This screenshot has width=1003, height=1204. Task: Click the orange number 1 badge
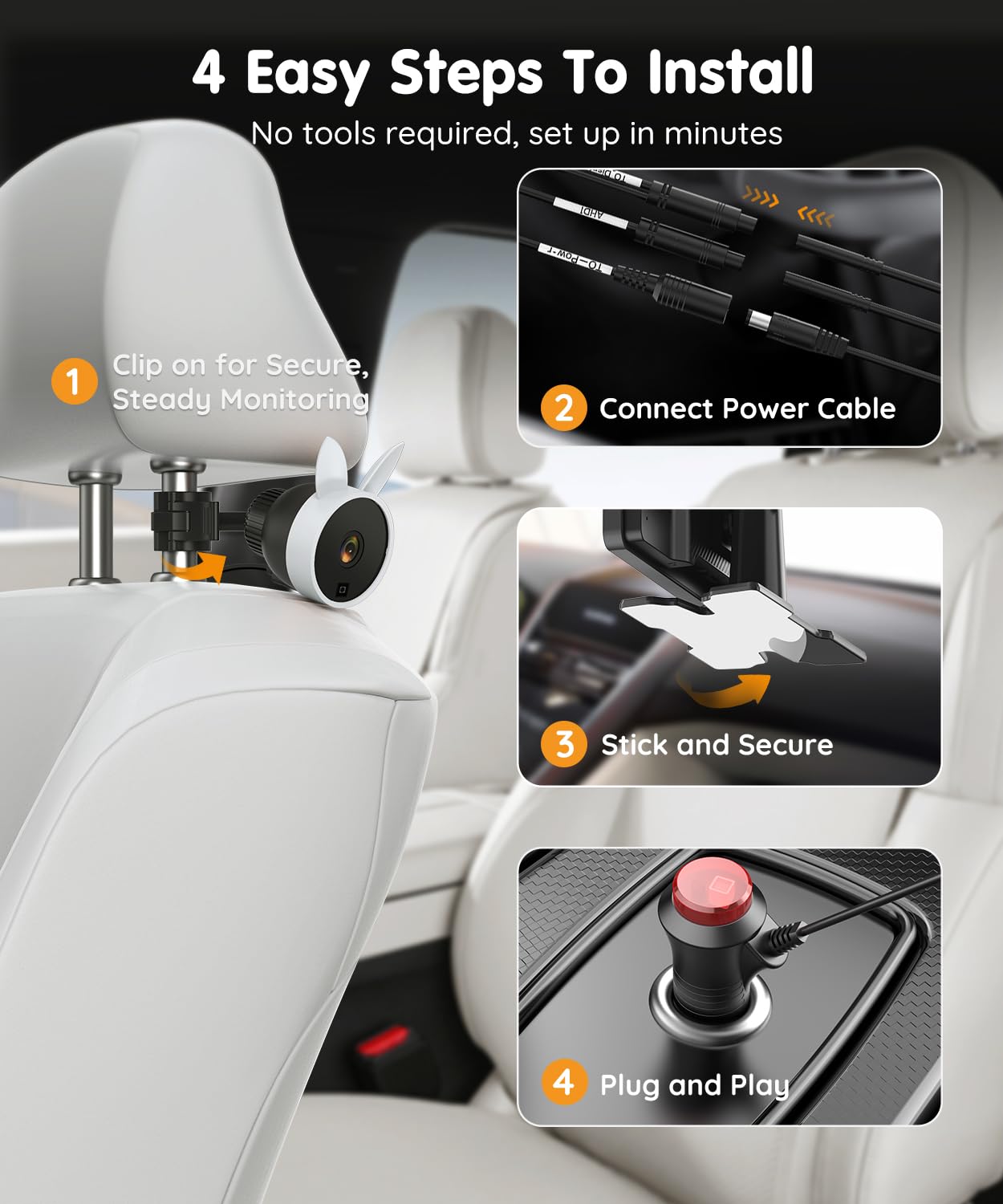(x=74, y=380)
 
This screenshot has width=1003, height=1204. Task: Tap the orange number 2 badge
(x=563, y=408)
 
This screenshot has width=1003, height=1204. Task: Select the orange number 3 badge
(x=563, y=744)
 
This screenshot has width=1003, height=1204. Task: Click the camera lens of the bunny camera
(x=351, y=548)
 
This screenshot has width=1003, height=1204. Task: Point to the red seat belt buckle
(x=384, y=1042)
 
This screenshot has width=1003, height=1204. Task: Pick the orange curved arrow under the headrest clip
(x=195, y=566)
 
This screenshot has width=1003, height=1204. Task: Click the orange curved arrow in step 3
(x=725, y=689)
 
